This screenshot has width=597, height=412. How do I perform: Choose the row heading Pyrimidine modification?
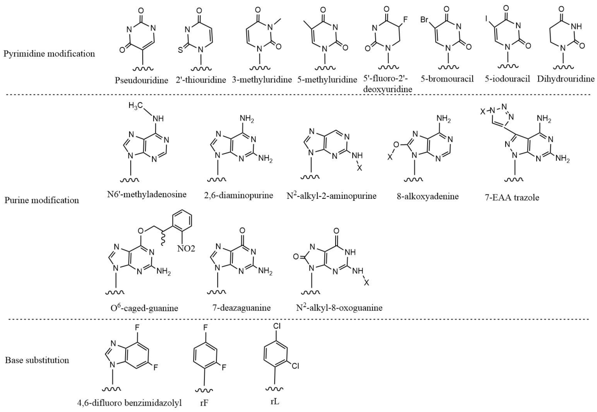click(x=49, y=54)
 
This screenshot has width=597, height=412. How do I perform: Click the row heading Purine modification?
click(x=42, y=200)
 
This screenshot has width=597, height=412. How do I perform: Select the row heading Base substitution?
click(x=37, y=360)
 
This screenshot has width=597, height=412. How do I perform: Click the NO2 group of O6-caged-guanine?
click(x=186, y=249)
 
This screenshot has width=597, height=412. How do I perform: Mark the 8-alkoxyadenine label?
click(x=427, y=197)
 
